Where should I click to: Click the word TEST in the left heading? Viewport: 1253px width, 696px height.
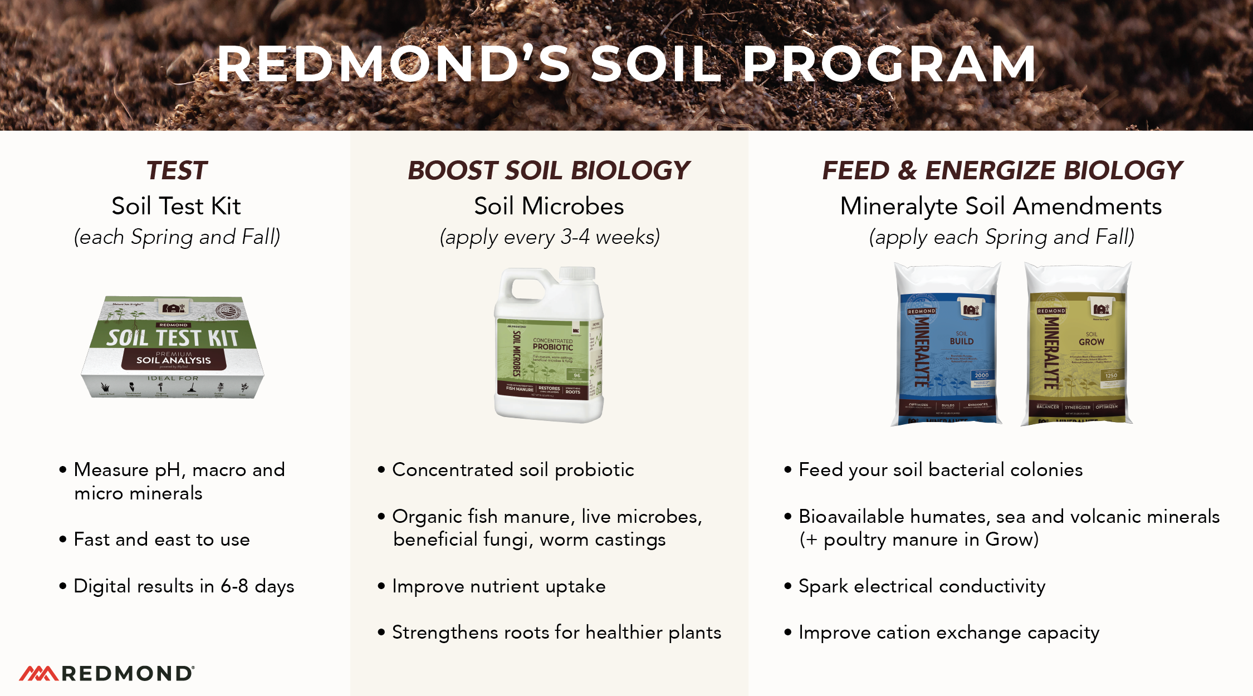coord(177,170)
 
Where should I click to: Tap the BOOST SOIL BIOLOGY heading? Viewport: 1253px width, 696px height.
coord(549,170)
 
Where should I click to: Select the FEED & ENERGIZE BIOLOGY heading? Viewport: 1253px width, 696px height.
coord(1002,170)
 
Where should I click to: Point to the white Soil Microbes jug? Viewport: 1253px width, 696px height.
coord(549,356)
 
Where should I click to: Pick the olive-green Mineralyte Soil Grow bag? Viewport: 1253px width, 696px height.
coord(1077,345)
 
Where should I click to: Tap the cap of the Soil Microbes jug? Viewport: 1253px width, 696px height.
coord(577,274)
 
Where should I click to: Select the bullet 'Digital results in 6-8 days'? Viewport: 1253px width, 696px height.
coord(184,586)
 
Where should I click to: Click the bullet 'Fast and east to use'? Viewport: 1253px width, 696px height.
coord(161,540)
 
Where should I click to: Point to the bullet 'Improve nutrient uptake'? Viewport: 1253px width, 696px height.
coord(498,586)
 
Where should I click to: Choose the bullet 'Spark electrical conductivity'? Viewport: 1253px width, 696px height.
coord(922,586)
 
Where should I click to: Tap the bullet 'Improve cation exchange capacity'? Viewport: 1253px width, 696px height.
coord(948,633)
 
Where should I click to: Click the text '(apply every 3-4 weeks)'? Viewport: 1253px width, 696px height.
coord(550,237)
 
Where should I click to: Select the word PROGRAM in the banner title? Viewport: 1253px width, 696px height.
coord(889,65)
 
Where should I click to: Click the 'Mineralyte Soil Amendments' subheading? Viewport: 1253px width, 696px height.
coord(1001,207)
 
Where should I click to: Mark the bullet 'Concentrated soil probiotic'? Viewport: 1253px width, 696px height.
coord(513,470)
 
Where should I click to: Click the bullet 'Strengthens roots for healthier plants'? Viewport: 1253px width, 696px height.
coord(556,633)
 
